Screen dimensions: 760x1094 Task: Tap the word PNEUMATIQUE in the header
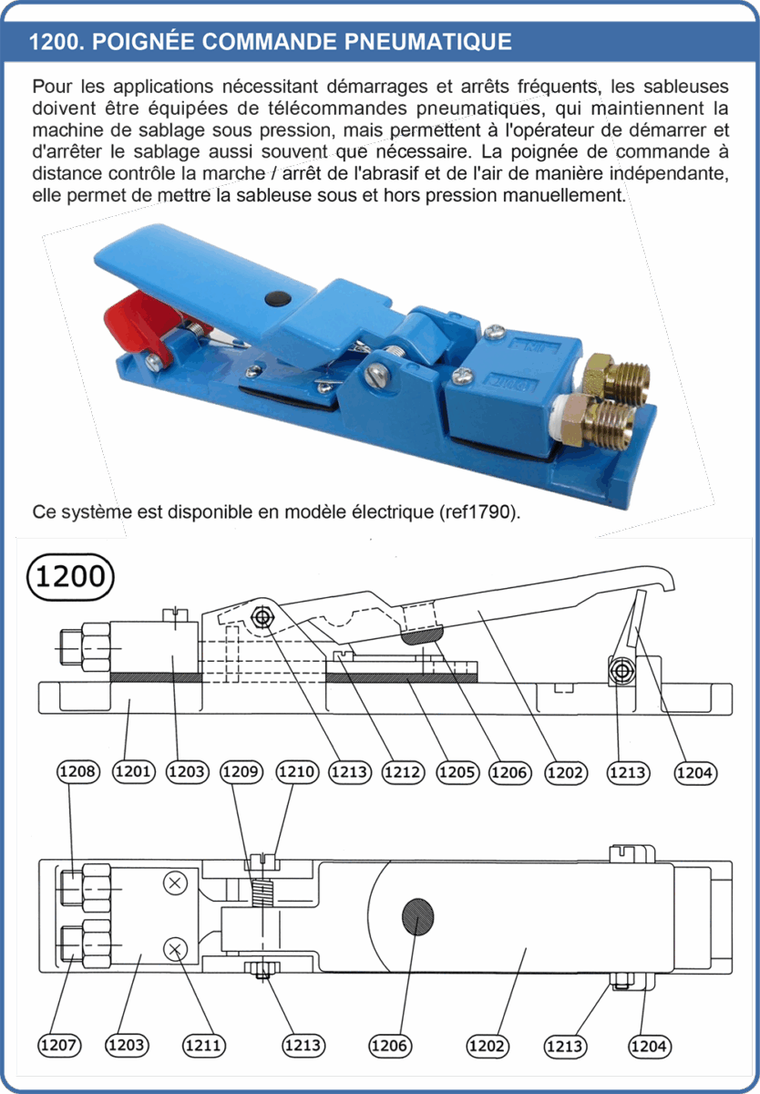click(427, 42)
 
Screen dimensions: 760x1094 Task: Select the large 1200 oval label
click(70, 577)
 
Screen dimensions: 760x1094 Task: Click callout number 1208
click(78, 771)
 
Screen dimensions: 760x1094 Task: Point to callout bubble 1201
click(134, 771)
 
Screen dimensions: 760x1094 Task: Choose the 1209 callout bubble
click(241, 771)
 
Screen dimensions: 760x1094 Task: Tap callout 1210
click(297, 771)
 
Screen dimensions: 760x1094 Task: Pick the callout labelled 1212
click(403, 772)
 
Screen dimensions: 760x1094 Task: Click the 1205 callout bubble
click(457, 772)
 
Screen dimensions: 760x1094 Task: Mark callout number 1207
click(59, 1046)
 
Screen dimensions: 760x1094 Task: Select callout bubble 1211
click(204, 1046)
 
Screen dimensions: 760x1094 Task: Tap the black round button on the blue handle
click(278, 299)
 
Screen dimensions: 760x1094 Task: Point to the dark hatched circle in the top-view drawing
click(418, 917)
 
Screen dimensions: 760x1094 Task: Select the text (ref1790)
click(480, 512)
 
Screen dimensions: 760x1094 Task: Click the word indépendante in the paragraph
click(669, 174)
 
